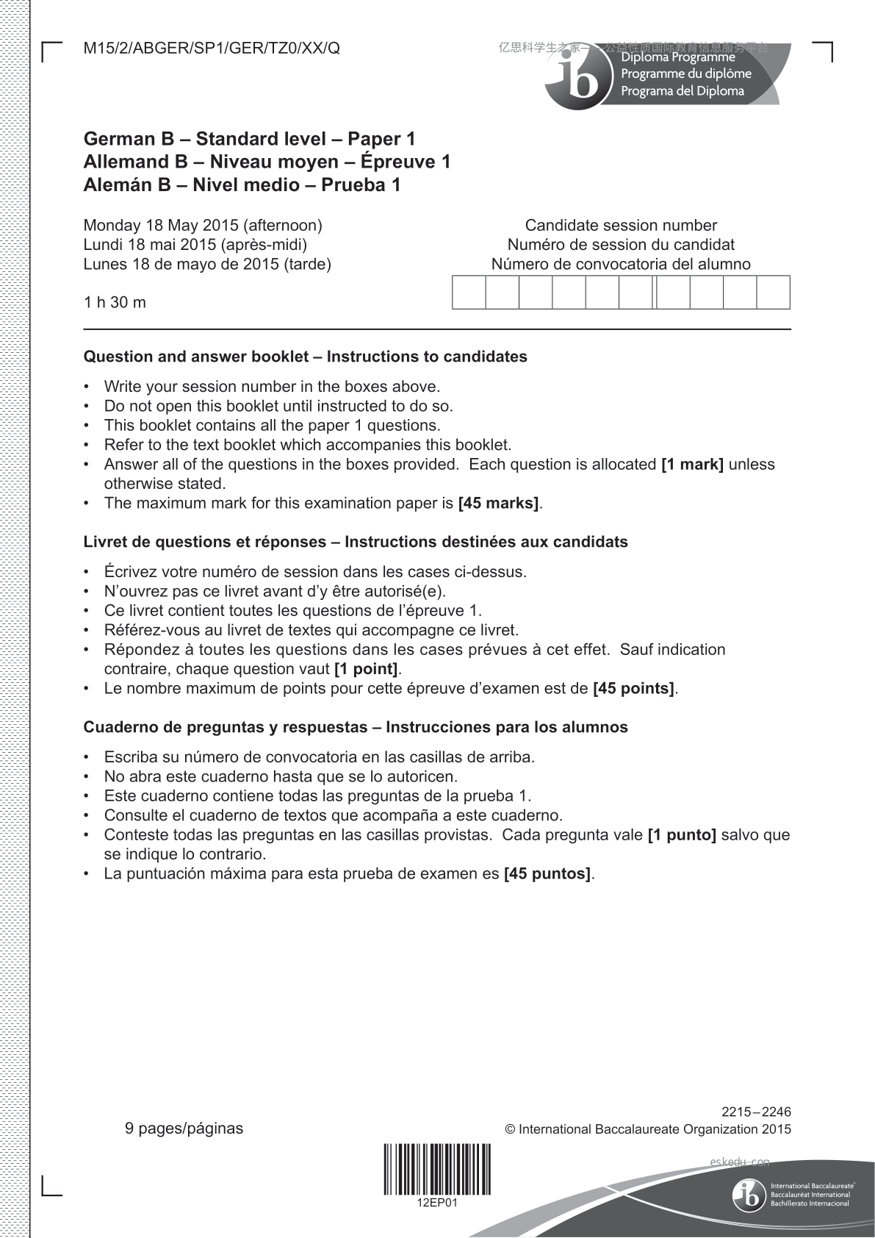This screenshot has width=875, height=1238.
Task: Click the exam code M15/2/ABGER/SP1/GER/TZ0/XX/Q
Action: [x=212, y=49]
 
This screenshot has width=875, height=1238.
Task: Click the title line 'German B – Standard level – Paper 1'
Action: [x=249, y=139]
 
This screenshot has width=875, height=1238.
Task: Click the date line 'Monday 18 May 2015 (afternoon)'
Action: [x=203, y=225]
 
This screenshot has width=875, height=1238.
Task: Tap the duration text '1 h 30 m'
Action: [x=115, y=302]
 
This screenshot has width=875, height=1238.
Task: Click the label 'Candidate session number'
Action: [x=621, y=225]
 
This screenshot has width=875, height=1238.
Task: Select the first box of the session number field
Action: [x=469, y=293]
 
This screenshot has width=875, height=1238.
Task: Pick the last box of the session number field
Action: [x=773, y=293]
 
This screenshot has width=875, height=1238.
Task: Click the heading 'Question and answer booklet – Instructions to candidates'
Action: [x=305, y=357]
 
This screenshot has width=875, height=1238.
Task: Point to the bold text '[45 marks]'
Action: [x=498, y=504]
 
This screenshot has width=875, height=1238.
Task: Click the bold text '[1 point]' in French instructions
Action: [x=366, y=669]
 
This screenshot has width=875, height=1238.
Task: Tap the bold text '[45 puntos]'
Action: [x=547, y=874]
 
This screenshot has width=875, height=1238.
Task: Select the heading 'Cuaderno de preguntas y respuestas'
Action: [x=225, y=727]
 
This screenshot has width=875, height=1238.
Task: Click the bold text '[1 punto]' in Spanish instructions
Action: [x=681, y=835]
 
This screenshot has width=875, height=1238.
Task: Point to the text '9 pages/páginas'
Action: [x=184, y=1128]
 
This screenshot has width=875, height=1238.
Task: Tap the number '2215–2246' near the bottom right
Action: [x=756, y=1112]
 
